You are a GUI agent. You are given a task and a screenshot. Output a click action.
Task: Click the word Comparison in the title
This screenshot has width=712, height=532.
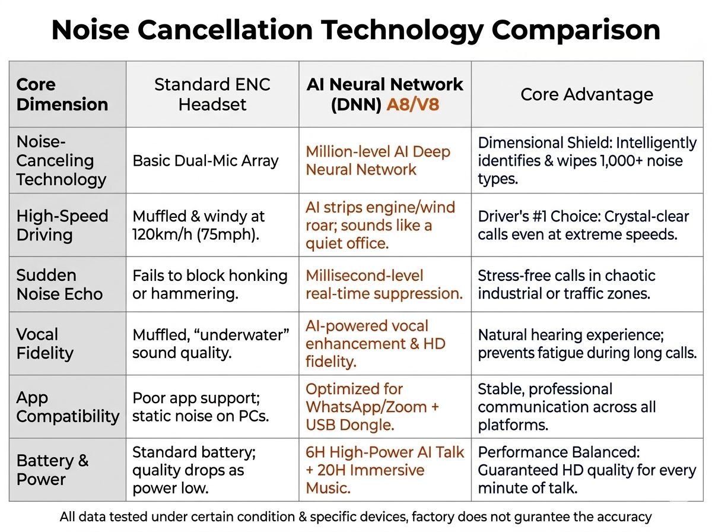[576, 30]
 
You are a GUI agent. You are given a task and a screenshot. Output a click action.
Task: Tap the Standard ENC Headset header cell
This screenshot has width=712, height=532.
[212, 94]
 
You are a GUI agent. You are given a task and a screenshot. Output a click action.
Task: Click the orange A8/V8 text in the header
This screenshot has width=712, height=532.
[412, 104]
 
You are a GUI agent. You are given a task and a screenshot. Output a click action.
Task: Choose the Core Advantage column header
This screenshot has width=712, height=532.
[587, 94]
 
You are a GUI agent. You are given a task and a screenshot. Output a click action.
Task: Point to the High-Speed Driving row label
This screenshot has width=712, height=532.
[62, 225]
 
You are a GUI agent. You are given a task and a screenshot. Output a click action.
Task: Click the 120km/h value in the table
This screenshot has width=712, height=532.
[162, 235]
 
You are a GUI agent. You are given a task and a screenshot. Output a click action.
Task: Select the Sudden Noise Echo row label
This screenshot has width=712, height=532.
[59, 284]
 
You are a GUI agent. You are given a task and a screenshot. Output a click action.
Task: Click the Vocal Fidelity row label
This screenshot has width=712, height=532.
[44, 344]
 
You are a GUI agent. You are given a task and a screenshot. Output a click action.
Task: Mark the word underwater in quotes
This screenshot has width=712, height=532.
[244, 335]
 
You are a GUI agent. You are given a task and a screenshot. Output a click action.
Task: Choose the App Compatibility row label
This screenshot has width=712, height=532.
[68, 407]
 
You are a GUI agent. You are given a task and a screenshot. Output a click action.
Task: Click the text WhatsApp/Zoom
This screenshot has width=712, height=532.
[366, 407]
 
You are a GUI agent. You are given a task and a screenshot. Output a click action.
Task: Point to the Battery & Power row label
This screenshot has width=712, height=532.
[52, 470]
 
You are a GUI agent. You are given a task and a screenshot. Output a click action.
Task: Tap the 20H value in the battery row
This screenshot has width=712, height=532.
[330, 470]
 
